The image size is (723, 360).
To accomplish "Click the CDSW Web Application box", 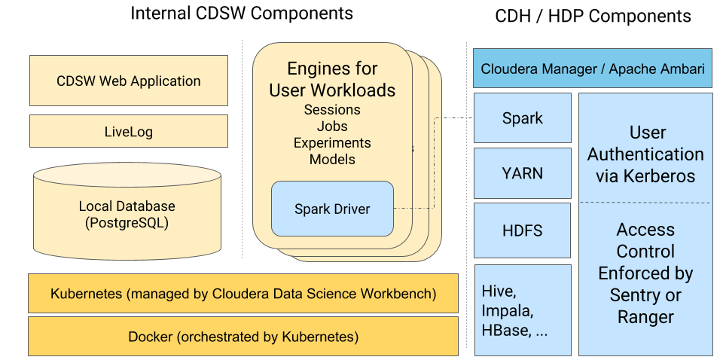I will [x=128, y=81].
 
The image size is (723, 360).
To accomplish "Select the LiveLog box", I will [x=128, y=131].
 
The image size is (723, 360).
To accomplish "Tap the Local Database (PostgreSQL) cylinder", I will [x=127, y=215].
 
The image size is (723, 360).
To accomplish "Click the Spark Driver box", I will [x=332, y=209].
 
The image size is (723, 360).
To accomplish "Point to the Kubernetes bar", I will [x=243, y=293].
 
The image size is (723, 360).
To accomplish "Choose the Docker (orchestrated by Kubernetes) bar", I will [x=243, y=336].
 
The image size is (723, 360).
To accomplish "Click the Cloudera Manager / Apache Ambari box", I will [x=593, y=69].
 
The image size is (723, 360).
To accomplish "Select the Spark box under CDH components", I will [x=522, y=118].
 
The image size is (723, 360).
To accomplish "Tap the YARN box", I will [x=522, y=173].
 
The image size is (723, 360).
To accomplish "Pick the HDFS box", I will [x=522, y=230].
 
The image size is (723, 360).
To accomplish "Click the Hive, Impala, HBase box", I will [x=522, y=309].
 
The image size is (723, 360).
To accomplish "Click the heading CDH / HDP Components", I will [x=593, y=16].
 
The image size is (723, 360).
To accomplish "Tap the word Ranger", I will [x=645, y=317].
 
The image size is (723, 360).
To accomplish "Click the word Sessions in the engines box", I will [x=332, y=110].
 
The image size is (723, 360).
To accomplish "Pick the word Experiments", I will [x=332, y=143].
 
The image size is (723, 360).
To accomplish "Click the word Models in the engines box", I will [x=332, y=159].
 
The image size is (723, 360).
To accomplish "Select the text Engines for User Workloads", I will [x=332, y=80].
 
